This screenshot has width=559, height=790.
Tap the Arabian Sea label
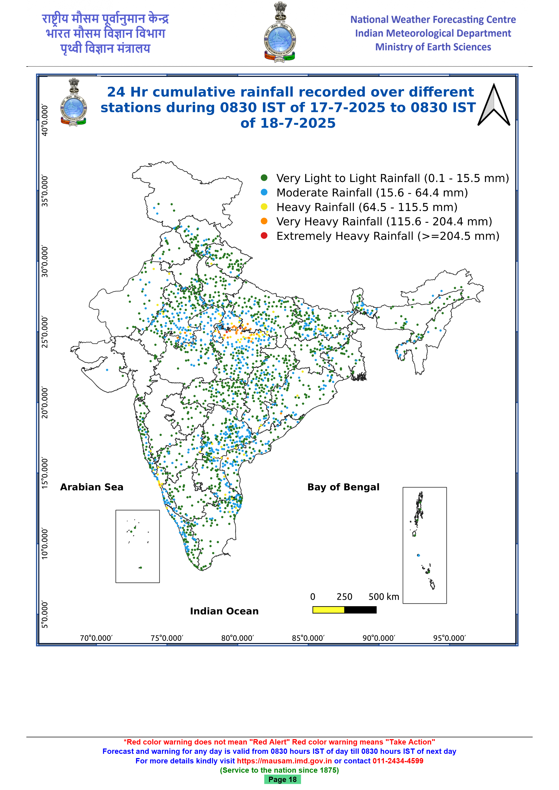click(x=92, y=487)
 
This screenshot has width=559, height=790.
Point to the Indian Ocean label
click(x=224, y=611)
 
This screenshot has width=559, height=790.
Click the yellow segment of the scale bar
click(x=328, y=610)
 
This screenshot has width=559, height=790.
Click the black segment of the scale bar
click(x=360, y=610)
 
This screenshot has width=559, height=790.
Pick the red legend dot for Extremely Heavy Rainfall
click(x=264, y=236)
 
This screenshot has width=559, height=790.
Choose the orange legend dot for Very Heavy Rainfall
click(x=264, y=221)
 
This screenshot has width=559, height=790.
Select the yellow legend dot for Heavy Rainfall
click(x=264, y=207)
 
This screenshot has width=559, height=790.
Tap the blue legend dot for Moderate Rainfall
click(x=264, y=192)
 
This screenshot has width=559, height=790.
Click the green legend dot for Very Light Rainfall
click(x=264, y=178)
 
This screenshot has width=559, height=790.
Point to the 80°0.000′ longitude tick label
click(x=237, y=638)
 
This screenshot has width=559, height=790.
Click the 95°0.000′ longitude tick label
click(x=449, y=638)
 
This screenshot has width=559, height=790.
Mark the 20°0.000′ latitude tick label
click(x=45, y=403)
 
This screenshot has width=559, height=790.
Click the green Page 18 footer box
click(x=283, y=779)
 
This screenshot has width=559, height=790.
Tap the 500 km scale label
click(x=384, y=597)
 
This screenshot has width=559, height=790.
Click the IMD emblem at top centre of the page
click(x=280, y=32)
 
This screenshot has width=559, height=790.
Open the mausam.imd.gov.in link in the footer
click(x=284, y=761)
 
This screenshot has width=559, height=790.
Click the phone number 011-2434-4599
click(x=398, y=761)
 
